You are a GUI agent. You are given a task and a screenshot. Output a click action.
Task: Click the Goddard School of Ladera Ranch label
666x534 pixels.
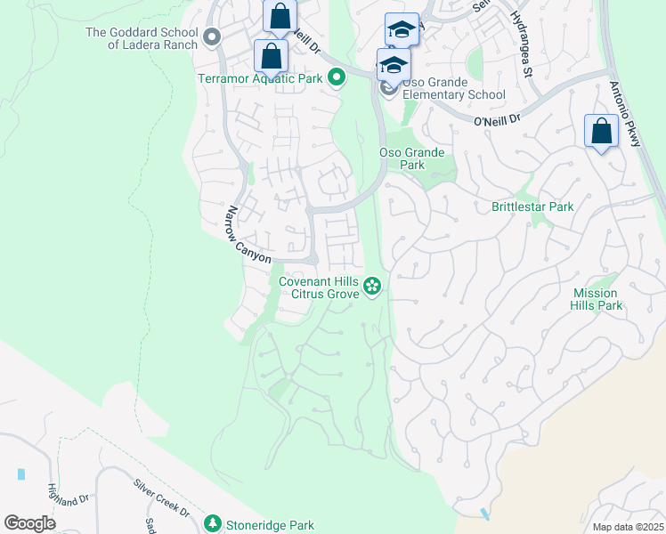point(142,38)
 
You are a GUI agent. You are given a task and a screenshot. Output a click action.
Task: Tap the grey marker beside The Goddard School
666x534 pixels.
point(212,37)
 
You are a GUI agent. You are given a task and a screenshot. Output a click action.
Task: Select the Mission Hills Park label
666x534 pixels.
point(597,299)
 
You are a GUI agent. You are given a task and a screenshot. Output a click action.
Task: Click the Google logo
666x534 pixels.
point(30,523)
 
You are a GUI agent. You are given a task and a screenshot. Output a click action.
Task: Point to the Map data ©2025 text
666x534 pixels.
point(628,527)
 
